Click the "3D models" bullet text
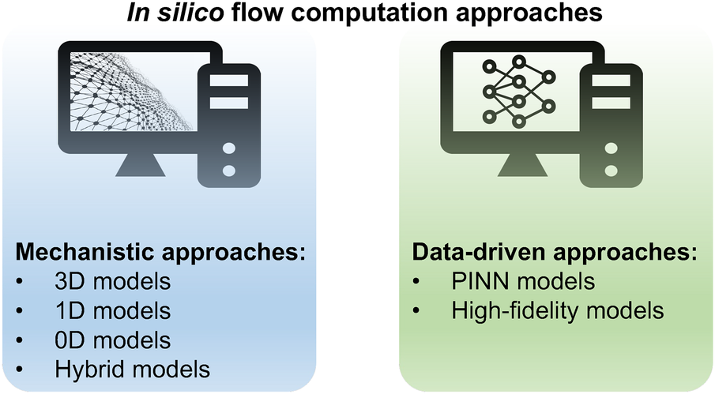112,282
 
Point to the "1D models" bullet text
112,311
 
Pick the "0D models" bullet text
112,340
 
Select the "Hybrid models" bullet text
133,369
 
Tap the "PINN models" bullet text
523,282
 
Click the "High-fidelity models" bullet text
557,311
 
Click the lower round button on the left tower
229,170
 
